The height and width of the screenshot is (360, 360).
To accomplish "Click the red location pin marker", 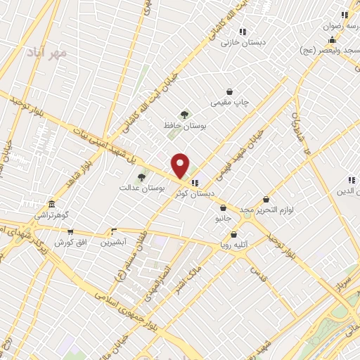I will click(x=181, y=165).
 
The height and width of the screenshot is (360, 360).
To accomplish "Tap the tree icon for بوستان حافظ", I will click(x=184, y=115).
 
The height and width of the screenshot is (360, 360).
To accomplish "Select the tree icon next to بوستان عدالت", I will click(x=141, y=177).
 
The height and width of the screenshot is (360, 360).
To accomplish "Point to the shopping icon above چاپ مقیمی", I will click(x=229, y=91).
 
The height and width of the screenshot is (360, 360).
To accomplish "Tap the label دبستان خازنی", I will click(x=243, y=42).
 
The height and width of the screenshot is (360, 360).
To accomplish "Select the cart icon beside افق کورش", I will click(x=70, y=231).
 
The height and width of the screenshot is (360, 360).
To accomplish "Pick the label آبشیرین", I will click(x=113, y=242).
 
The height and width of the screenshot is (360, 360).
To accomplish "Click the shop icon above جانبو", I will click(x=224, y=207).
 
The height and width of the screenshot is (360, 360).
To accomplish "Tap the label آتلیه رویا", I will click(x=234, y=246).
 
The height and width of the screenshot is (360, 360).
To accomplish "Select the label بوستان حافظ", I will click(x=184, y=126).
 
